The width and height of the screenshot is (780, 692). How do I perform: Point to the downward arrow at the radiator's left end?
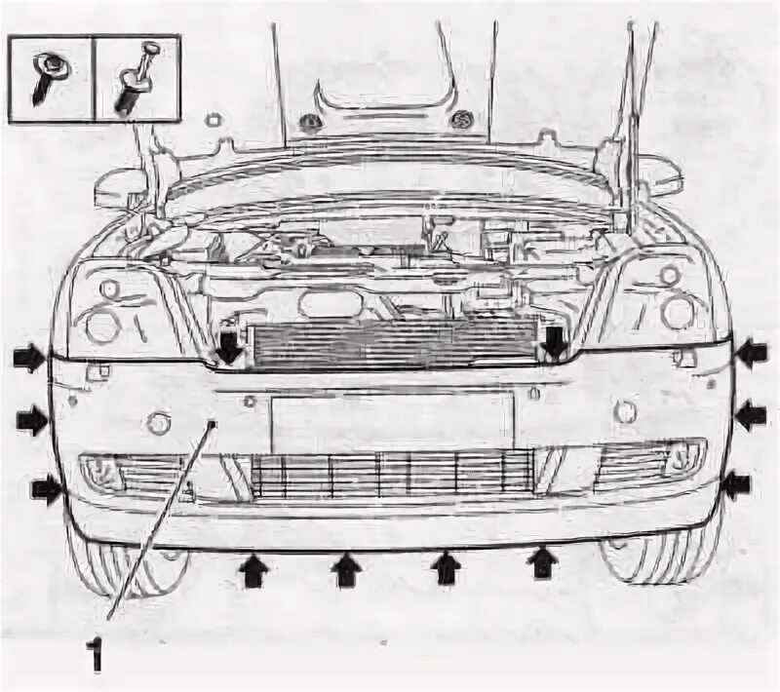point(228,346)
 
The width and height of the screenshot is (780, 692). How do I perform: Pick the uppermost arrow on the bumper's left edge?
point(30,358)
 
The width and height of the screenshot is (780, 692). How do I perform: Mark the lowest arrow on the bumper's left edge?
point(46,488)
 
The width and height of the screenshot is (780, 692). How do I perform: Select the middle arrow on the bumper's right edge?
point(750,416)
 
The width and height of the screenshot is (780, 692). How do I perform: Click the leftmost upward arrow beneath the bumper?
point(253,568)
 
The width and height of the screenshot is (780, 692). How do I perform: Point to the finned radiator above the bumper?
point(390,346)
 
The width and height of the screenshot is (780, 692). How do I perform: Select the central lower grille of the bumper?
point(390,475)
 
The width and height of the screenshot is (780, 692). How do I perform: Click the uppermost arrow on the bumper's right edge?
point(750,353)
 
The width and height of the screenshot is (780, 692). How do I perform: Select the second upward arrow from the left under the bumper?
point(345,570)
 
